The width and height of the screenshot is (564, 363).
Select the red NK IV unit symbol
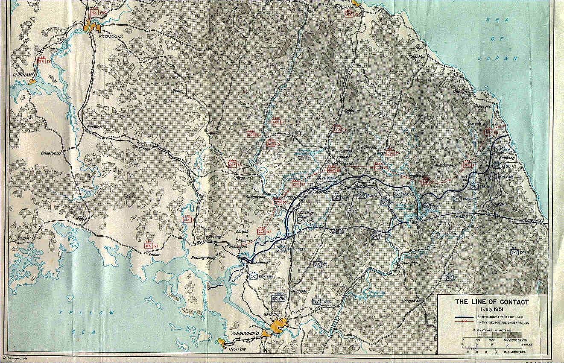click(x=42, y=61)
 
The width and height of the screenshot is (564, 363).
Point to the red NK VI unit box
click(x=149, y=246)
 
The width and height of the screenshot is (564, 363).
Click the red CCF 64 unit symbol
click(x=262, y=231)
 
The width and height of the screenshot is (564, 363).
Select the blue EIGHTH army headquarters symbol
click(x=278, y=298)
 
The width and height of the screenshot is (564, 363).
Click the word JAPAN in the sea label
click(x=504, y=58)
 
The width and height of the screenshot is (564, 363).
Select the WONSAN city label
click(x=342, y=7)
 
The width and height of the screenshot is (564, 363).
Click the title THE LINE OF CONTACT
click(x=491, y=302)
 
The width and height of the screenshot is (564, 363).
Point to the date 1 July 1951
click(x=492, y=309)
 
